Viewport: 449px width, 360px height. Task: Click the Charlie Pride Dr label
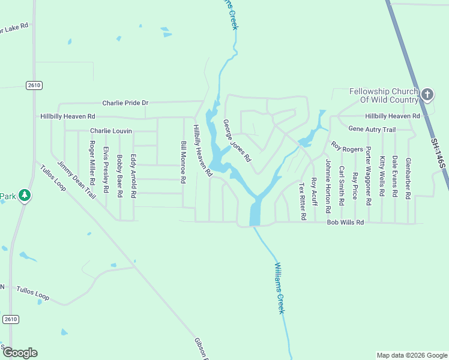tap(125, 103)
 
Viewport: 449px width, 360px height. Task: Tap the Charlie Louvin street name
tap(110, 131)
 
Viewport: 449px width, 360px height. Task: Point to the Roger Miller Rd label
tap(92, 163)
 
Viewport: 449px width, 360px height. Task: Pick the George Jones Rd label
tap(237, 140)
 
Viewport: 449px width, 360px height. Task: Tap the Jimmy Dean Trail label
tap(76, 180)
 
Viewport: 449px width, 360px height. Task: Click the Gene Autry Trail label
tap(372, 130)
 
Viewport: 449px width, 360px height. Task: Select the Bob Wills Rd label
tap(345, 223)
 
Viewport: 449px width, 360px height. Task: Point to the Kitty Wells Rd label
tap(382, 176)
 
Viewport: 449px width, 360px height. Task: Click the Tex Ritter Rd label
tap(303, 201)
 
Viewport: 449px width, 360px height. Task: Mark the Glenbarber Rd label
tap(408, 178)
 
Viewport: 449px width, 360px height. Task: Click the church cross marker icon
tap(427, 94)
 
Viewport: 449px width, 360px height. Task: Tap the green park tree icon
tap(25, 195)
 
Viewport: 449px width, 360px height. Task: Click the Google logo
tap(19, 353)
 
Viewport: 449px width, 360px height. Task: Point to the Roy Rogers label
tap(346, 147)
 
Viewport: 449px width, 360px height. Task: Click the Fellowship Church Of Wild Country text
tap(383, 95)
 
